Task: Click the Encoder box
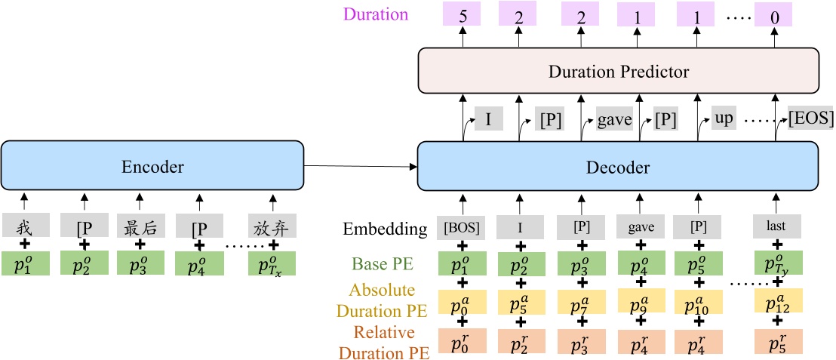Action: coord(153,167)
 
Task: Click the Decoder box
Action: coord(617,167)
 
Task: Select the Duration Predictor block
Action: coord(617,72)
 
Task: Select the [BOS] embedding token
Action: coord(462,226)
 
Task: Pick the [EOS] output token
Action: coord(811,118)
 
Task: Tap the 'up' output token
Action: coord(724,118)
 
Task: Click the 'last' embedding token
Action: coord(775,226)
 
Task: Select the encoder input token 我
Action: coord(26,226)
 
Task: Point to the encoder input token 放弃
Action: coord(272,226)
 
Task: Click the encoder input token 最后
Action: coord(140,226)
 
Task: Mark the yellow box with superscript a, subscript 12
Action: coord(778,301)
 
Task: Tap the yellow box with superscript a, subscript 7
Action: coord(582,301)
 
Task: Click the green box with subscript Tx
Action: coord(272,263)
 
